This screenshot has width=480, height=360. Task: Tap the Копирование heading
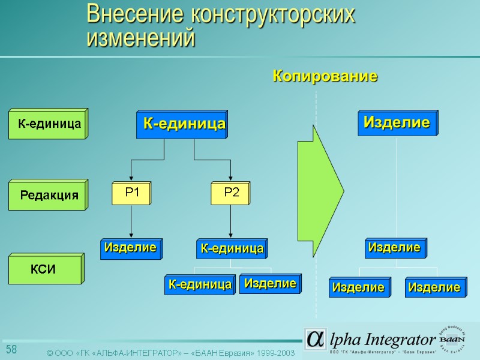coord(325,76)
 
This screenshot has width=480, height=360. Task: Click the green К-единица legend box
coord(48,124)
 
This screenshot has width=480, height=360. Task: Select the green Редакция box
coord(48,195)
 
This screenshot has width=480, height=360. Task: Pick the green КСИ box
coord(46,269)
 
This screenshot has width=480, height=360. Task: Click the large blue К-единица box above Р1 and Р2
coord(182,125)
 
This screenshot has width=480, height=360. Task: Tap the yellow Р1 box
coord(131,193)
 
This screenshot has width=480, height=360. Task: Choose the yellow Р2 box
coord(231,193)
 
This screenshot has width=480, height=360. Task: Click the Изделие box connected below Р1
coord(130,248)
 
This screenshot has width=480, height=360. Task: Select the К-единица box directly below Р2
coord(232,248)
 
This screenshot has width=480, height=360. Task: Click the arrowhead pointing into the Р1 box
coord(131,179)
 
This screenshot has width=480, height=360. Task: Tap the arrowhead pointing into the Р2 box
coord(231,179)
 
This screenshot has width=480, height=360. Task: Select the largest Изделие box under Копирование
coord(397,123)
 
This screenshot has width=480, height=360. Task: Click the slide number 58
coord(11,350)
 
